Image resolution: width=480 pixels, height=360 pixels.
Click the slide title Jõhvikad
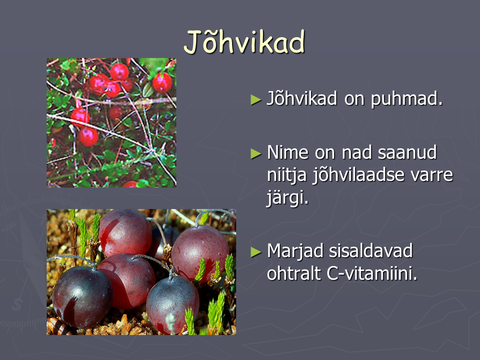coord(244,42)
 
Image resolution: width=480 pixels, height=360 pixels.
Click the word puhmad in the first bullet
coord(407,98)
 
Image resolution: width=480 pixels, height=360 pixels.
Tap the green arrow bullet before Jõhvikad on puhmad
coord(256,100)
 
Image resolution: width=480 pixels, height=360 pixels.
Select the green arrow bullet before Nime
coord(256,154)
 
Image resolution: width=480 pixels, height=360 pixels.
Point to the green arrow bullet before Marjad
coord(256,252)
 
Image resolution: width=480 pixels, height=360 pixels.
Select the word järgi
coord(287,198)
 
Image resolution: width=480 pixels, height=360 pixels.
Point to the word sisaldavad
coord(371,251)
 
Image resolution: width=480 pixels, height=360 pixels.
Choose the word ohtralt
coord(293,273)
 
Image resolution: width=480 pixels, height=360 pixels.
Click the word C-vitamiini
coord(372,273)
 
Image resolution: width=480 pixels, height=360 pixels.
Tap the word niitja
coord(286,175)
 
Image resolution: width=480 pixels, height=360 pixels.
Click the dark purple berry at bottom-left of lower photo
coord(82,297)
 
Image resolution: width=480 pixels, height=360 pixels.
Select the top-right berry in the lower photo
coord(200,253)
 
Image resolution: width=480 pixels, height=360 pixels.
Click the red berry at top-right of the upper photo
coord(162,83)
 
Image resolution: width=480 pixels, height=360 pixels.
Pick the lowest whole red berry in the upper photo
coord(88,137)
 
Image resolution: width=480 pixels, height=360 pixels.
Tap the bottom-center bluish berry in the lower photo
coord(172,304)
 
